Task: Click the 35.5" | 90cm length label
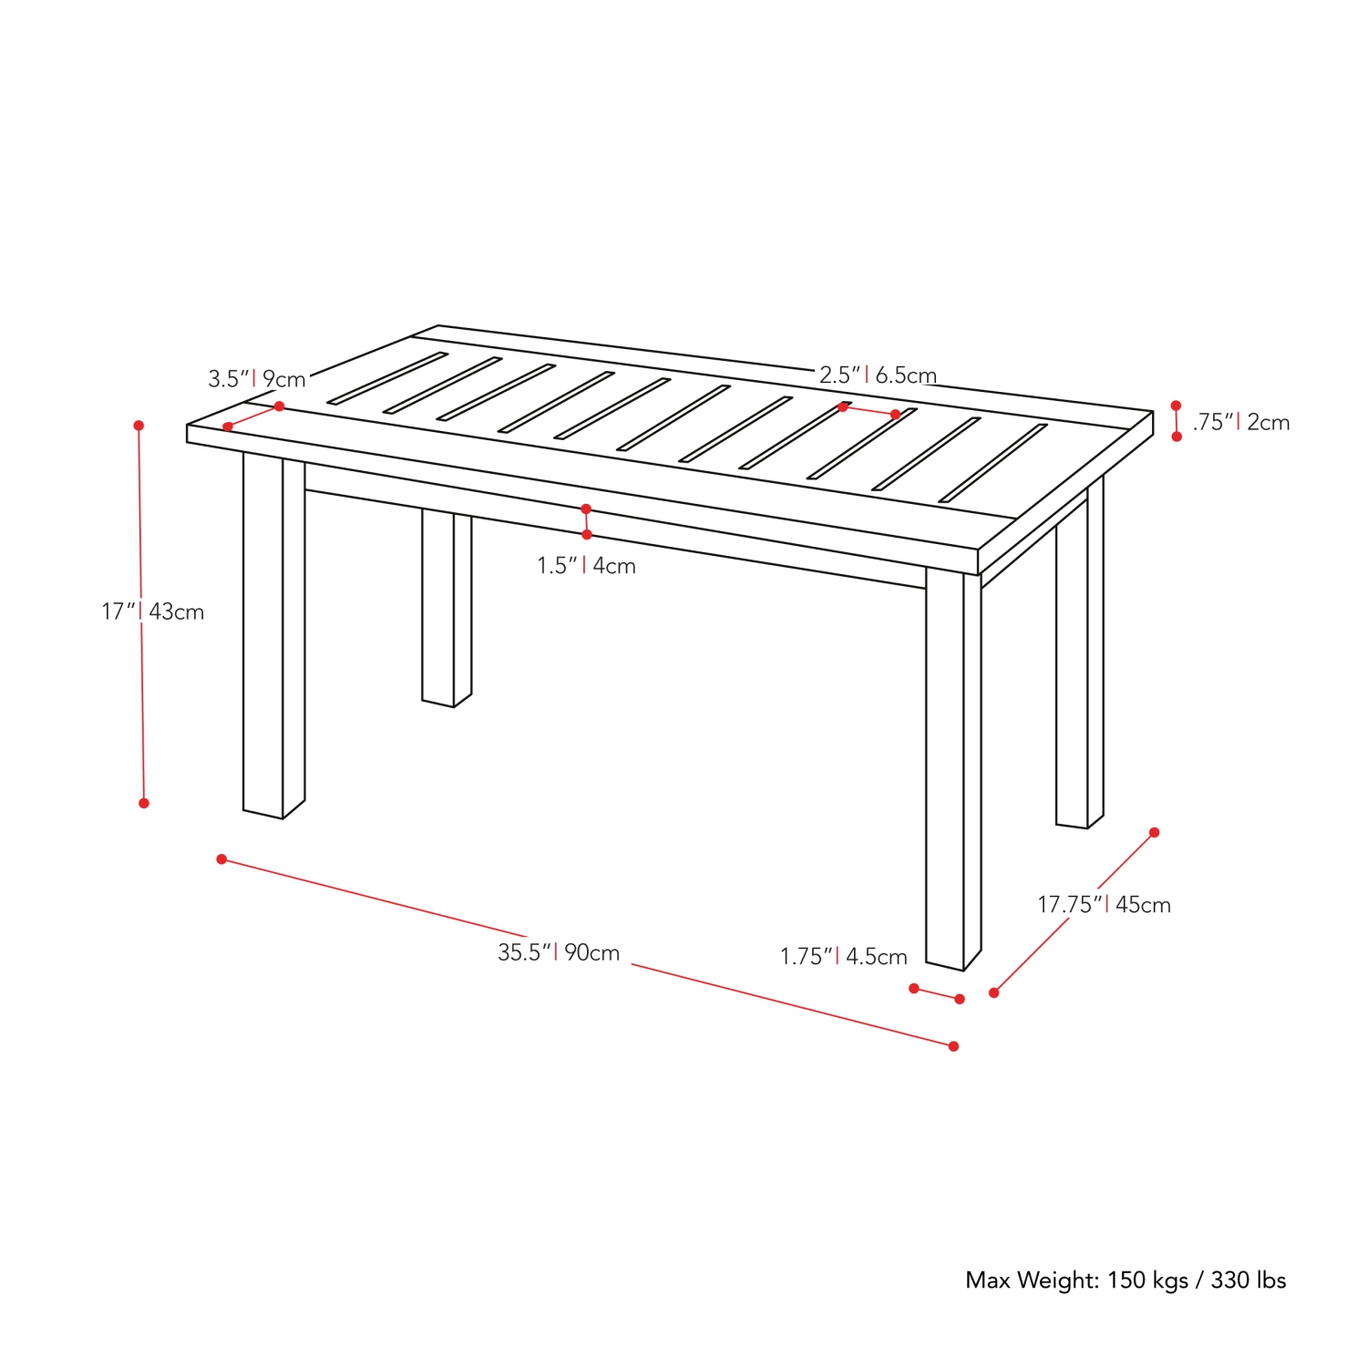[559, 952]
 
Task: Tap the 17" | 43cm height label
[153, 612]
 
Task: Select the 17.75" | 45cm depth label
[1104, 904]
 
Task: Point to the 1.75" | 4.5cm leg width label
[844, 956]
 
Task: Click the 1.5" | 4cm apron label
[586, 566]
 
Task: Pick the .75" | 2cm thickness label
[1241, 422]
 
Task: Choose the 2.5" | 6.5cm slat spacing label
[878, 375]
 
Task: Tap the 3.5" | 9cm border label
[257, 378]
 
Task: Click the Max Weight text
[1125, 1280]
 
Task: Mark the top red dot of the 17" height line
[139, 426]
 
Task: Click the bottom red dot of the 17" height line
[144, 803]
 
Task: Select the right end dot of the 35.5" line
[953, 1046]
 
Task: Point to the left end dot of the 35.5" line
[221, 859]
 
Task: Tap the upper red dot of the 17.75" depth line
[1154, 832]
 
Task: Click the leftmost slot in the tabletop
[387, 377]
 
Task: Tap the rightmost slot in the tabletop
[993, 463]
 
